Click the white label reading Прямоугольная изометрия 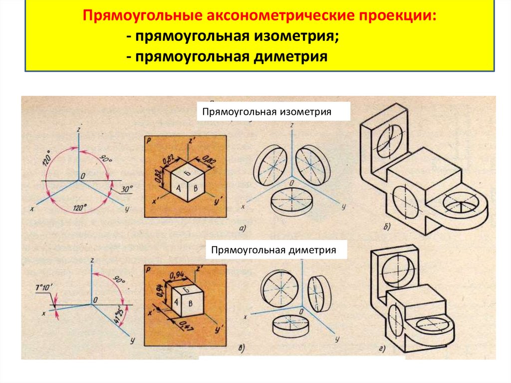click(x=266, y=111)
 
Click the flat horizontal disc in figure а click(x=291, y=202)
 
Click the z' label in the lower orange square click(x=199, y=270)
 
